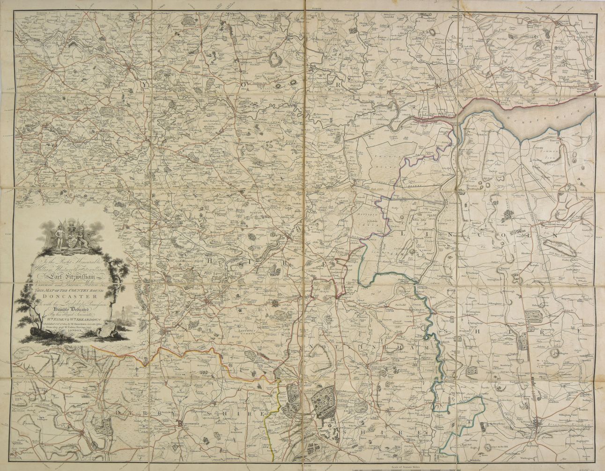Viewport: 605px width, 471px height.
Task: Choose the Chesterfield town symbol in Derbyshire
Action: tap(179, 424)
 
